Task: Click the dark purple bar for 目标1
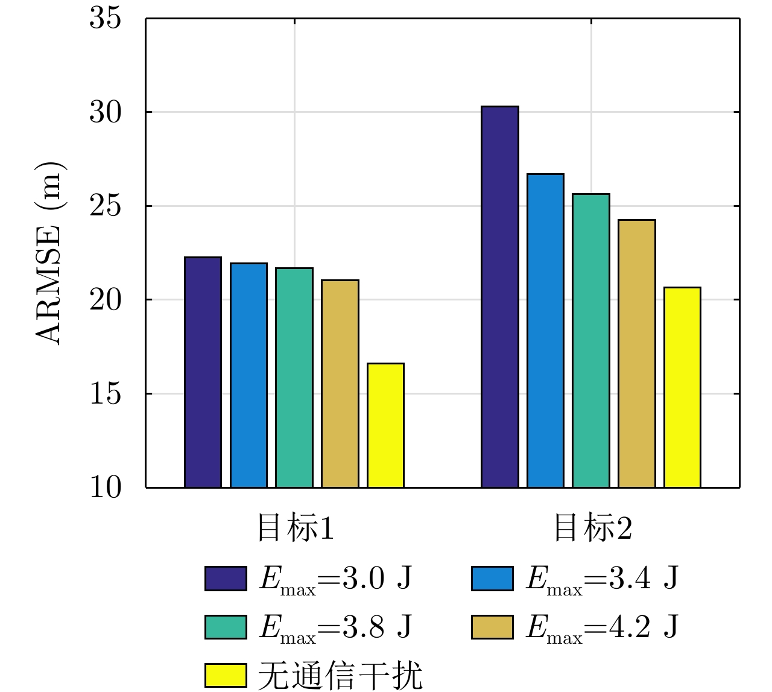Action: point(203,372)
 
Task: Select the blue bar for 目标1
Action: point(248,375)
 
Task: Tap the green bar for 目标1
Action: point(294,378)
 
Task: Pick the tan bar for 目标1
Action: point(340,384)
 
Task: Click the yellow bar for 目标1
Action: point(386,425)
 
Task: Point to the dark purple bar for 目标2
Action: point(500,297)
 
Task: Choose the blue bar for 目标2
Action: point(545,331)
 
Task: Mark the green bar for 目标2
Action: point(591,341)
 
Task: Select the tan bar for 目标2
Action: point(637,354)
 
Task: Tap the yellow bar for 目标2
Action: point(683,387)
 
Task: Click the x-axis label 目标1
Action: point(295,528)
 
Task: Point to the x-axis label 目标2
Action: point(592,528)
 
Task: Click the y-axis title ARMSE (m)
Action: point(49,253)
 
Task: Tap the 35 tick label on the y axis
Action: point(105,18)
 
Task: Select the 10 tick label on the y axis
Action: point(105,487)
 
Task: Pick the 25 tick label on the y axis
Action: point(105,206)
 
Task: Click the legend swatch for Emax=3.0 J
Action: point(226,579)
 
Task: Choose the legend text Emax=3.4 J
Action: point(602,579)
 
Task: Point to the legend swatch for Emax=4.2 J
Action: point(492,627)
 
